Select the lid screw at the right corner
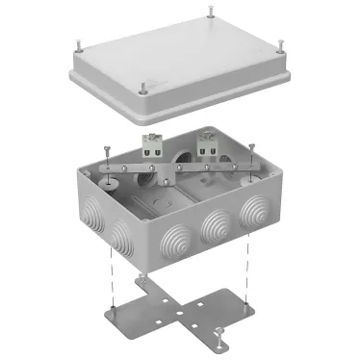click(x=280, y=44)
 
